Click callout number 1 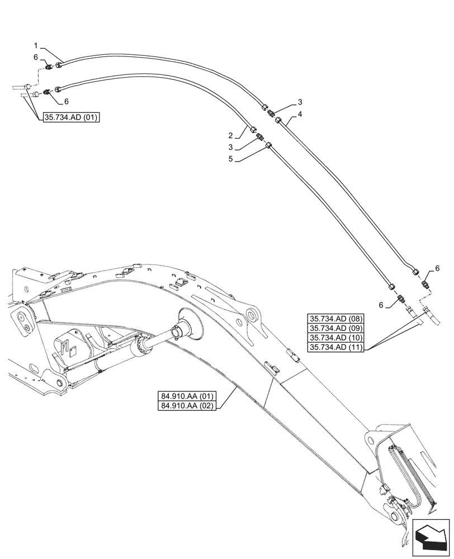[x=35, y=45]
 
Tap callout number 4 [x=300, y=114]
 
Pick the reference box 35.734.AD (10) [x=335, y=338]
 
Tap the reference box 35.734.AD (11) [x=335, y=347]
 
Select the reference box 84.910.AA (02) [x=187, y=406]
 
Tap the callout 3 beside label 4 [x=300, y=102]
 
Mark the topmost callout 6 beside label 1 [x=36, y=57]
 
